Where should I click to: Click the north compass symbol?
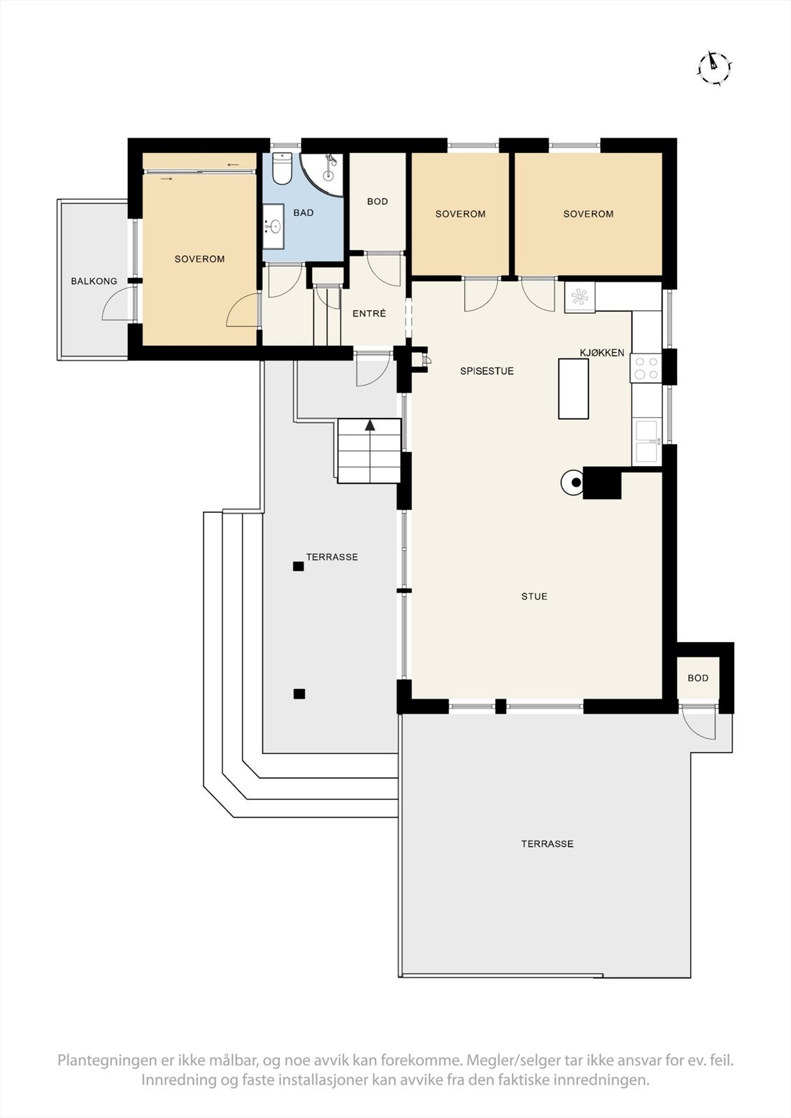click(714, 68)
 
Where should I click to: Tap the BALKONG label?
click(94, 282)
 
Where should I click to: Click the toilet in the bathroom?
click(282, 169)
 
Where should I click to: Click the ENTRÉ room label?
click(369, 314)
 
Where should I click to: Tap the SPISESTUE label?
click(487, 371)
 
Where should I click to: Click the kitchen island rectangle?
click(573, 388)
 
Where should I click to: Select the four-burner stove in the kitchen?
click(646, 368)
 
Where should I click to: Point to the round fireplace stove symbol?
click(573, 482)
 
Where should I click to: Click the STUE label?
click(534, 596)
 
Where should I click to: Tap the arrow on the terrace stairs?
click(370, 424)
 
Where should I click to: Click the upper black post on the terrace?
click(299, 567)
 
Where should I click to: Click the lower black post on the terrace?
click(299, 694)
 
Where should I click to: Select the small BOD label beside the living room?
click(698, 678)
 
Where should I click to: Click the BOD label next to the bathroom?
click(378, 201)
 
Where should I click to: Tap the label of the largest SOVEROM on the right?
click(588, 214)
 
